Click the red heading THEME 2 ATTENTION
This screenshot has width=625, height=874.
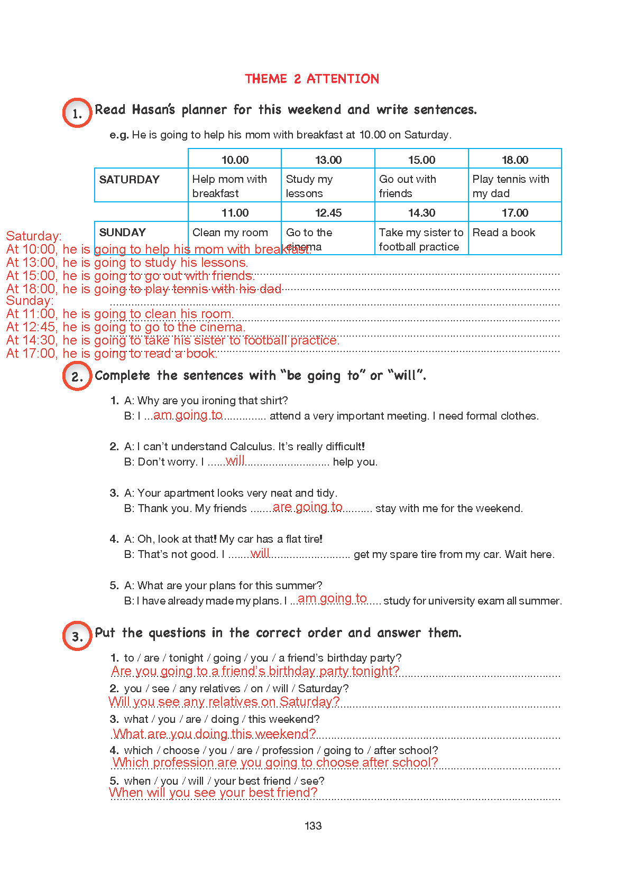pos(311,79)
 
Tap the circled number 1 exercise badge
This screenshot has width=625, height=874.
pos(77,113)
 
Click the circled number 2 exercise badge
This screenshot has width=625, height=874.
pos(77,376)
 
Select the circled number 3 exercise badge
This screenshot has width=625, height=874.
pos(77,636)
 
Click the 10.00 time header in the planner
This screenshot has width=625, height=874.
pos(235,160)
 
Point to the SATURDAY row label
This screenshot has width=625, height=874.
pos(130,180)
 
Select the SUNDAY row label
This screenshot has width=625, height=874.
pos(123,233)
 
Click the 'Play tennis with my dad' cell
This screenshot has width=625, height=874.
pos(510,186)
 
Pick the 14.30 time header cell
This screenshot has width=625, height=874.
pos(421,212)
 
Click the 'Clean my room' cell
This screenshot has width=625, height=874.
pos(230,233)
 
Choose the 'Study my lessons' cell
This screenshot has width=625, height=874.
pos(309,186)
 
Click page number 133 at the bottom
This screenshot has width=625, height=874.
pos(313,825)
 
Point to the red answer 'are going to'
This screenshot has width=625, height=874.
pos(308,507)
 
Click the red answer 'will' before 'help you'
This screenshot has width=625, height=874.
pos(235,460)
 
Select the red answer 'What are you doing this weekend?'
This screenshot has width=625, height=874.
pos(214,733)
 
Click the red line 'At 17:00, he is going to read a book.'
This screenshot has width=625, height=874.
pos(112,354)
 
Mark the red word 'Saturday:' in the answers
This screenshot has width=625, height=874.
pos(34,236)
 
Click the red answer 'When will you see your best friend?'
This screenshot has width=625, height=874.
pos(213,792)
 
